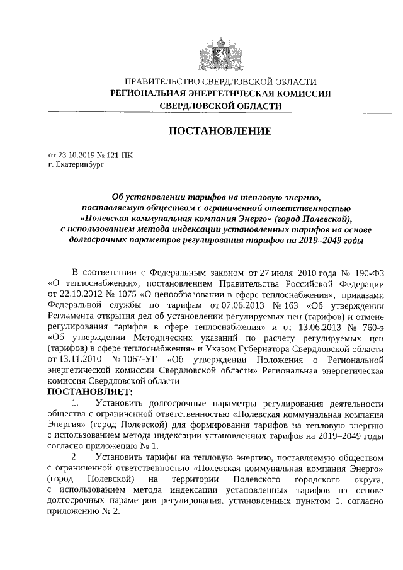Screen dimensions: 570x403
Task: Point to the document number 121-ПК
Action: click(x=120, y=154)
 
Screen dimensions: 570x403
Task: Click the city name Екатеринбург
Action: click(x=78, y=163)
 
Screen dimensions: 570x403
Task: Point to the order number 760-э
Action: click(x=368, y=326)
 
